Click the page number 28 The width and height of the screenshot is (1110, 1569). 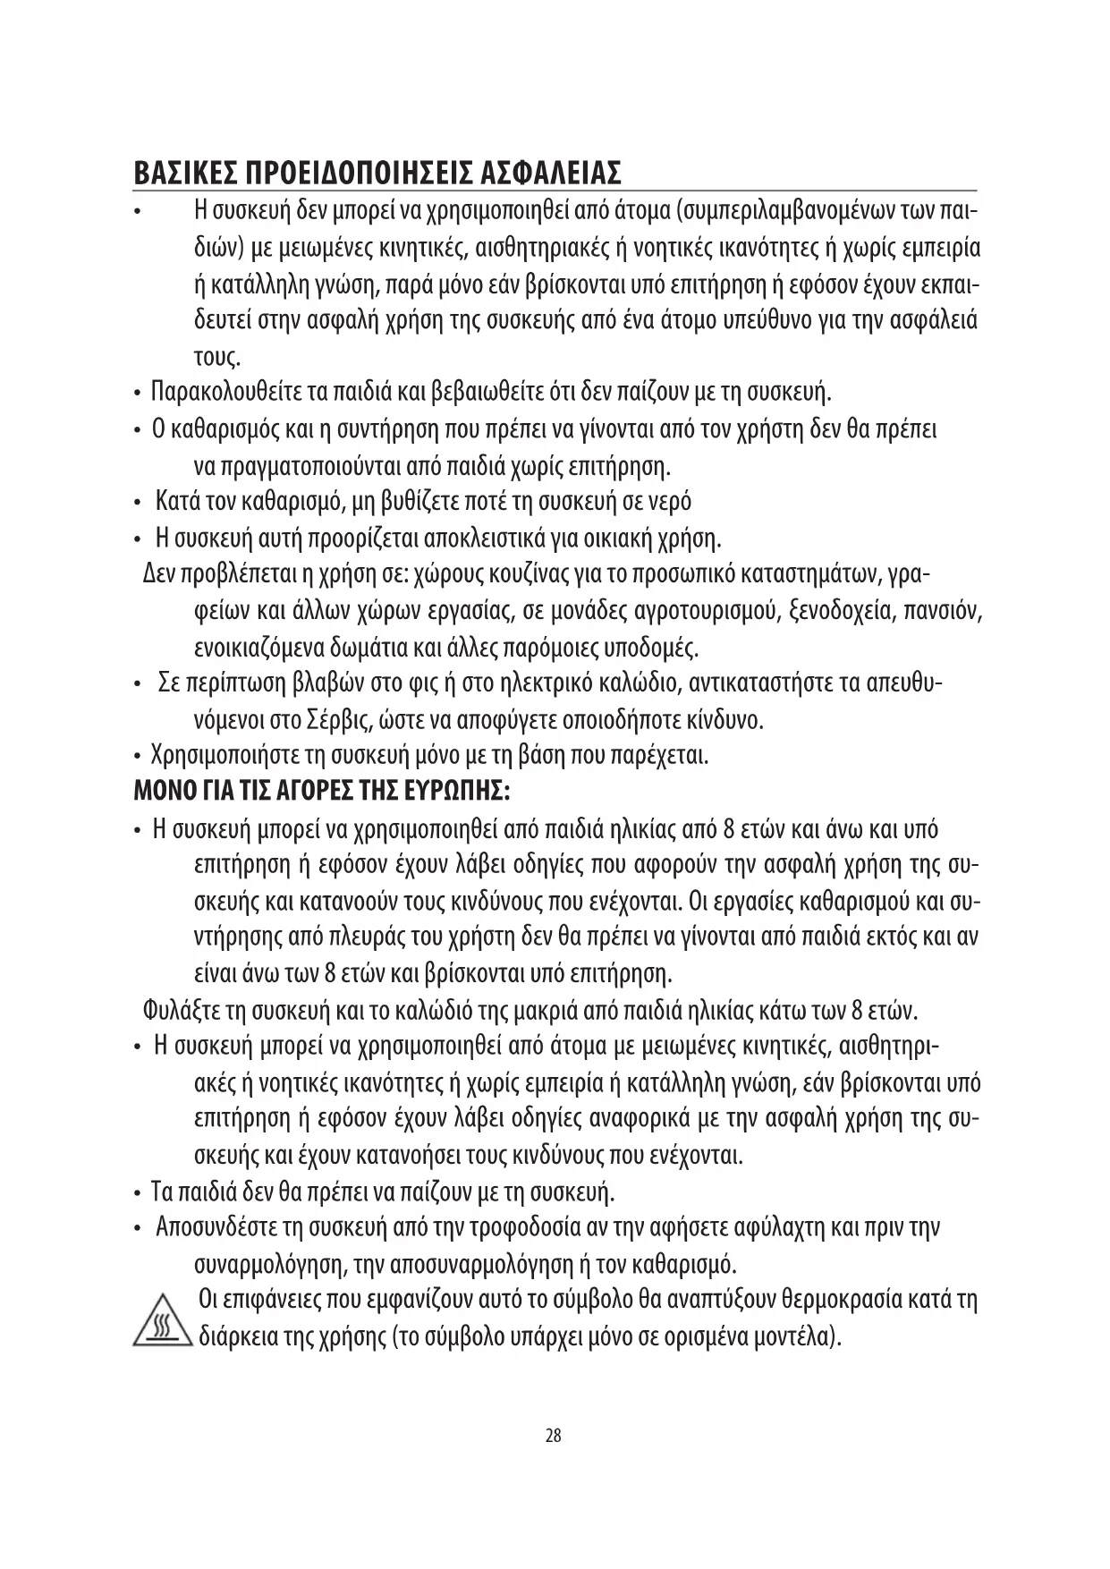point(554,1436)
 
